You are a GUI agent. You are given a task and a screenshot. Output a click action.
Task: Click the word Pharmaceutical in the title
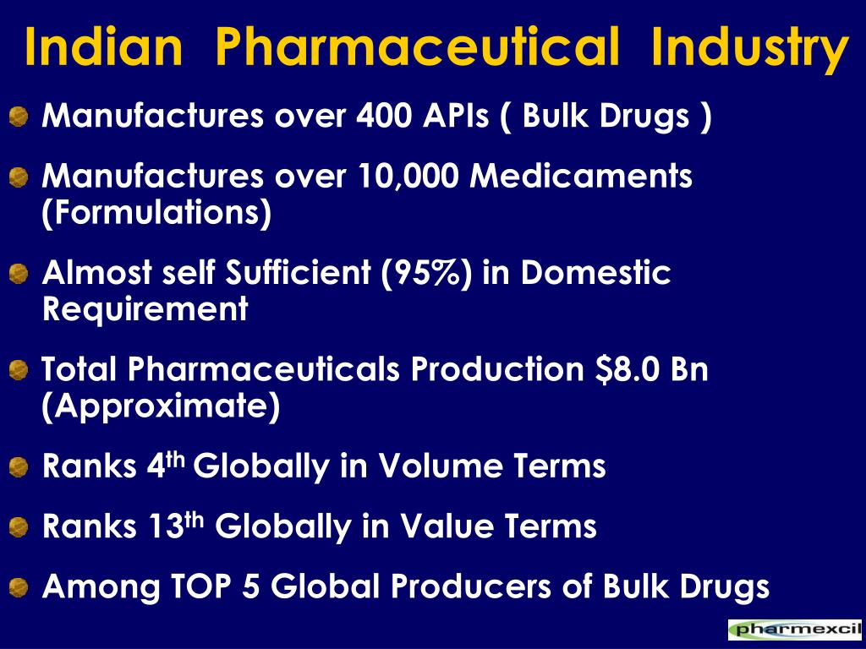[417, 47]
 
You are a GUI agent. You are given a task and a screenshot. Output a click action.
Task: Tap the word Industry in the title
[750, 50]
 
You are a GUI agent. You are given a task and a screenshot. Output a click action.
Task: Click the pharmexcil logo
[795, 629]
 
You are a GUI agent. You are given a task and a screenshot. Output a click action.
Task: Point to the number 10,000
[408, 177]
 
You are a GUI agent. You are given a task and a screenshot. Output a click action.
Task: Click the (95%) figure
[426, 273]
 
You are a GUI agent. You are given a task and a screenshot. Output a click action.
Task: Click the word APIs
[456, 115]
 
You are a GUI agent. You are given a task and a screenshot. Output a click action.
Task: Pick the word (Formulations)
[156, 213]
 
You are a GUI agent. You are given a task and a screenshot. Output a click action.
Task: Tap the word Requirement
[145, 309]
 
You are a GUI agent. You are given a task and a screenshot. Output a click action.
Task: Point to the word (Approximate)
[161, 406]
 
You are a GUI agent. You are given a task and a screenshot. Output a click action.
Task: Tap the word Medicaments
[580, 176]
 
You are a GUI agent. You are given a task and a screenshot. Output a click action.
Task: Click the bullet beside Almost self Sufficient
[19, 274]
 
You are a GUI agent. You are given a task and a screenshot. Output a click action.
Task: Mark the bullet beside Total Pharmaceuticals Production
[19, 370]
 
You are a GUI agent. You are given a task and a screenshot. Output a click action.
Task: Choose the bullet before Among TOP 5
[19, 587]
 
